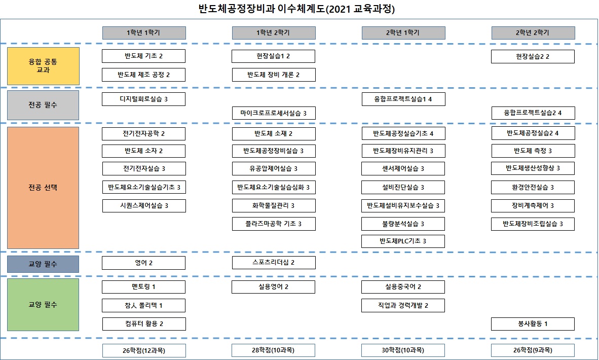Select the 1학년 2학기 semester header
(274, 33)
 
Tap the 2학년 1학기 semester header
(403, 33)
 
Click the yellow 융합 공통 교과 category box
(43, 66)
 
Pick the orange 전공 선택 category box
(43, 188)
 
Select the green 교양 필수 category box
(43, 305)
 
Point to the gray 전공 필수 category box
(43, 105)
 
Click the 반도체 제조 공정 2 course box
(143, 75)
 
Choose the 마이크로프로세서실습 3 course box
(274, 113)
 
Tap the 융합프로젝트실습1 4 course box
(403, 99)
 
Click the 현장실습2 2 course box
(533, 57)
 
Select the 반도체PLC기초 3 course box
(403, 241)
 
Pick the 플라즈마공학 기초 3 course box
(274, 224)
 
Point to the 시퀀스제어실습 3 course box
(144, 205)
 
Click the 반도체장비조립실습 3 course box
(533, 224)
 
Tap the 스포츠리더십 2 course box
(274, 263)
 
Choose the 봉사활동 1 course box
(533, 323)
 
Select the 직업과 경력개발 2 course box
(403, 305)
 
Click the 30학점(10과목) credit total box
(403, 350)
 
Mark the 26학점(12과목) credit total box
(144, 350)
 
